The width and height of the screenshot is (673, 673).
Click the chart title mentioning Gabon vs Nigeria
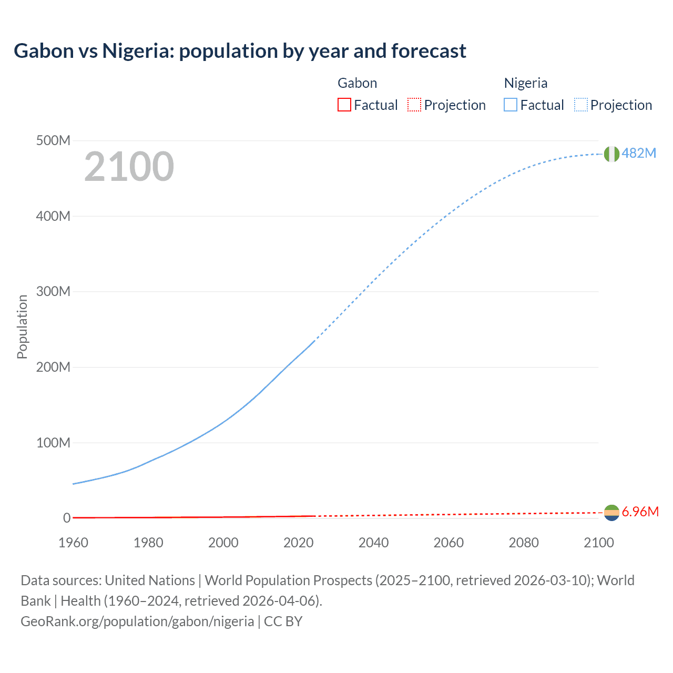click(240, 51)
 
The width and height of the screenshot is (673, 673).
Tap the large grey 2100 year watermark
click(129, 167)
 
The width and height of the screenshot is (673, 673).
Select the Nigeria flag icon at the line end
click(611, 154)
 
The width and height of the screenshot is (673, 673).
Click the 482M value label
click(639, 153)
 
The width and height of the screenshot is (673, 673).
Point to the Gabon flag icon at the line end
click(611, 513)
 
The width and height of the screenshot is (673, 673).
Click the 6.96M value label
click(640, 512)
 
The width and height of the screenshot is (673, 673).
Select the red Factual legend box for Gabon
click(344, 105)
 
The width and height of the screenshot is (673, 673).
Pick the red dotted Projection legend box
click(414, 105)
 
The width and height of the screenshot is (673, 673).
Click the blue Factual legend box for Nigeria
click(511, 105)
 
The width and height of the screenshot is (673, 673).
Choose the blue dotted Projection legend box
click(581, 105)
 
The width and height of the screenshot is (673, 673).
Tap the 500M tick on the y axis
click(53, 141)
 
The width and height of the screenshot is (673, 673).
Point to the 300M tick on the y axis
click(53, 292)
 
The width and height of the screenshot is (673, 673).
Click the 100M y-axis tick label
click(53, 443)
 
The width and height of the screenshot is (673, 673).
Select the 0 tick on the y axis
click(67, 518)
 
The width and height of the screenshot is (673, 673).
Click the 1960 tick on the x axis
click(73, 543)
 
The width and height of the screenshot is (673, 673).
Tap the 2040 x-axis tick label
click(373, 543)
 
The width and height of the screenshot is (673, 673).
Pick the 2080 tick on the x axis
click(524, 543)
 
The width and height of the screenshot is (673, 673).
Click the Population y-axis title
click(22, 327)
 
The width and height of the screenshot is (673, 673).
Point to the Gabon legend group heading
click(357, 83)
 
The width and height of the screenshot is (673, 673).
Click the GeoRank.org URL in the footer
click(137, 621)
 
